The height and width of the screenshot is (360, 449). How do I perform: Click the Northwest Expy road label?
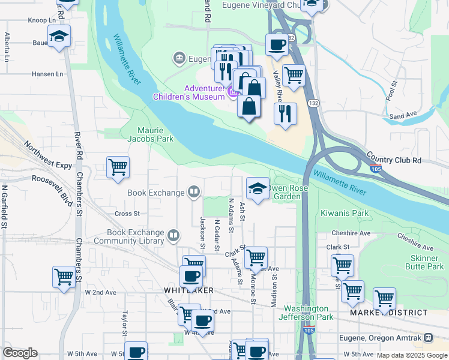(48, 156)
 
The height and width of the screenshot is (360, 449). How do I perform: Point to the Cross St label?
(127, 214)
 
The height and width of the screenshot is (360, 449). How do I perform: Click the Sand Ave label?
(403, 116)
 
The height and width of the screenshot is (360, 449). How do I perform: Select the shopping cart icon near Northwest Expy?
(118, 167)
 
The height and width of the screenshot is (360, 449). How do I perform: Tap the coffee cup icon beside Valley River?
(277, 44)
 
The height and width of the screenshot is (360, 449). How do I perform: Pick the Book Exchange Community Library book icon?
(173, 235)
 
